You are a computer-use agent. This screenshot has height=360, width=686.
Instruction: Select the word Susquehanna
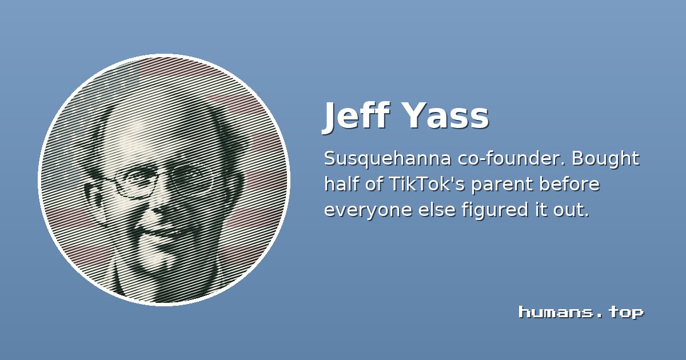coord(388,159)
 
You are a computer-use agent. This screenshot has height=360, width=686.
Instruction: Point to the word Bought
coord(605,159)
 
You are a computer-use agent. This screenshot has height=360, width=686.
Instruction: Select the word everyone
coord(368,211)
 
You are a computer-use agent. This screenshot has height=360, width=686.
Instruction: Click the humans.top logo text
coord(581,312)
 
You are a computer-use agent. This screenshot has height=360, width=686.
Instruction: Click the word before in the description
coord(569,184)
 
